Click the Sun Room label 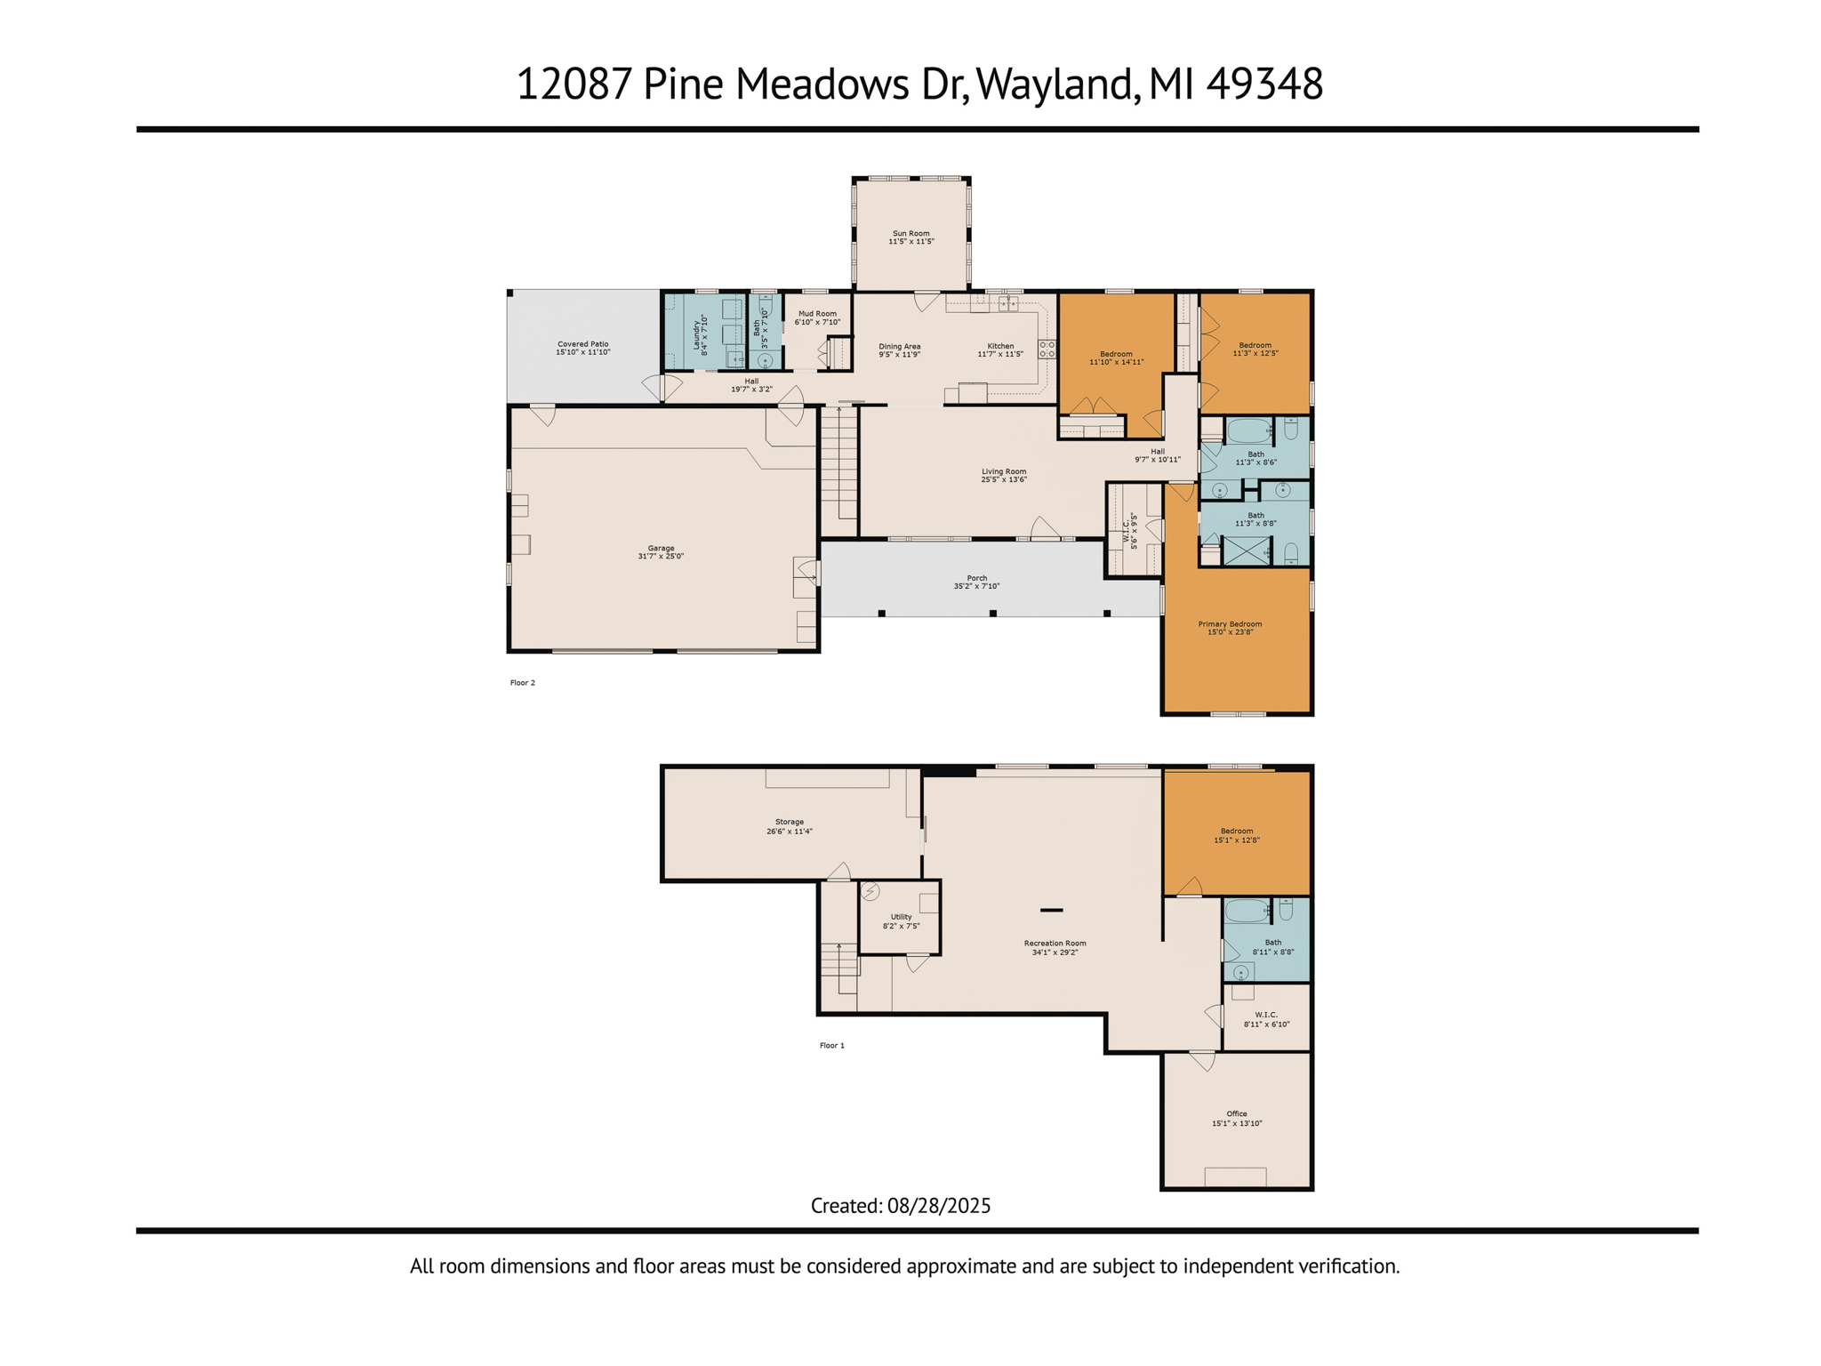(910, 233)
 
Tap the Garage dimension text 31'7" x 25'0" (661, 557)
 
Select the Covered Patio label (583, 344)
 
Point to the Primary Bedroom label (1230, 624)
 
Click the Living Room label (1004, 471)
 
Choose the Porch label (977, 578)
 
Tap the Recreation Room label (1055, 944)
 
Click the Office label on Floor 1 (1237, 1113)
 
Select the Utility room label (901, 917)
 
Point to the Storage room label (790, 822)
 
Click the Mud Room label (817, 314)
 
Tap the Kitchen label (1000, 346)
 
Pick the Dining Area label (900, 346)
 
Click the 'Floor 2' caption (523, 683)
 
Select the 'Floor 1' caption (832, 1046)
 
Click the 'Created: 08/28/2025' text (901, 1206)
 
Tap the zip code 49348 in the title (1264, 84)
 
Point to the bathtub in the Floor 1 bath (1247, 911)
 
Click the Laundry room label (697, 331)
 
